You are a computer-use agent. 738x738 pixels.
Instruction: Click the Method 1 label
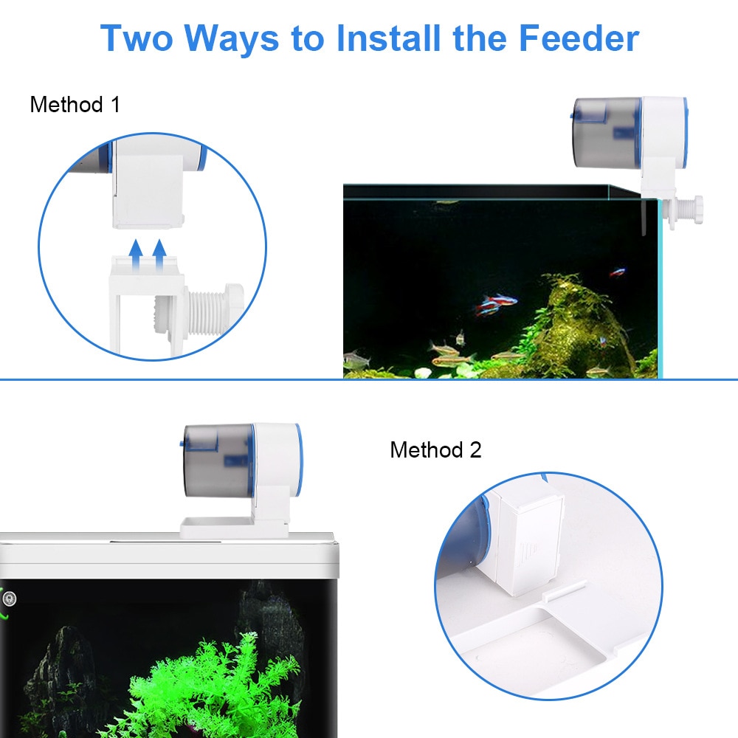[75, 104]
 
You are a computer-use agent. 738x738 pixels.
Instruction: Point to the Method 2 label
[435, 449]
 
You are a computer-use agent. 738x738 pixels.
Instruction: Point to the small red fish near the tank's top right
[617, 272]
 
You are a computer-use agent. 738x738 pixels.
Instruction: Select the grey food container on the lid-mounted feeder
[218, 461]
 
